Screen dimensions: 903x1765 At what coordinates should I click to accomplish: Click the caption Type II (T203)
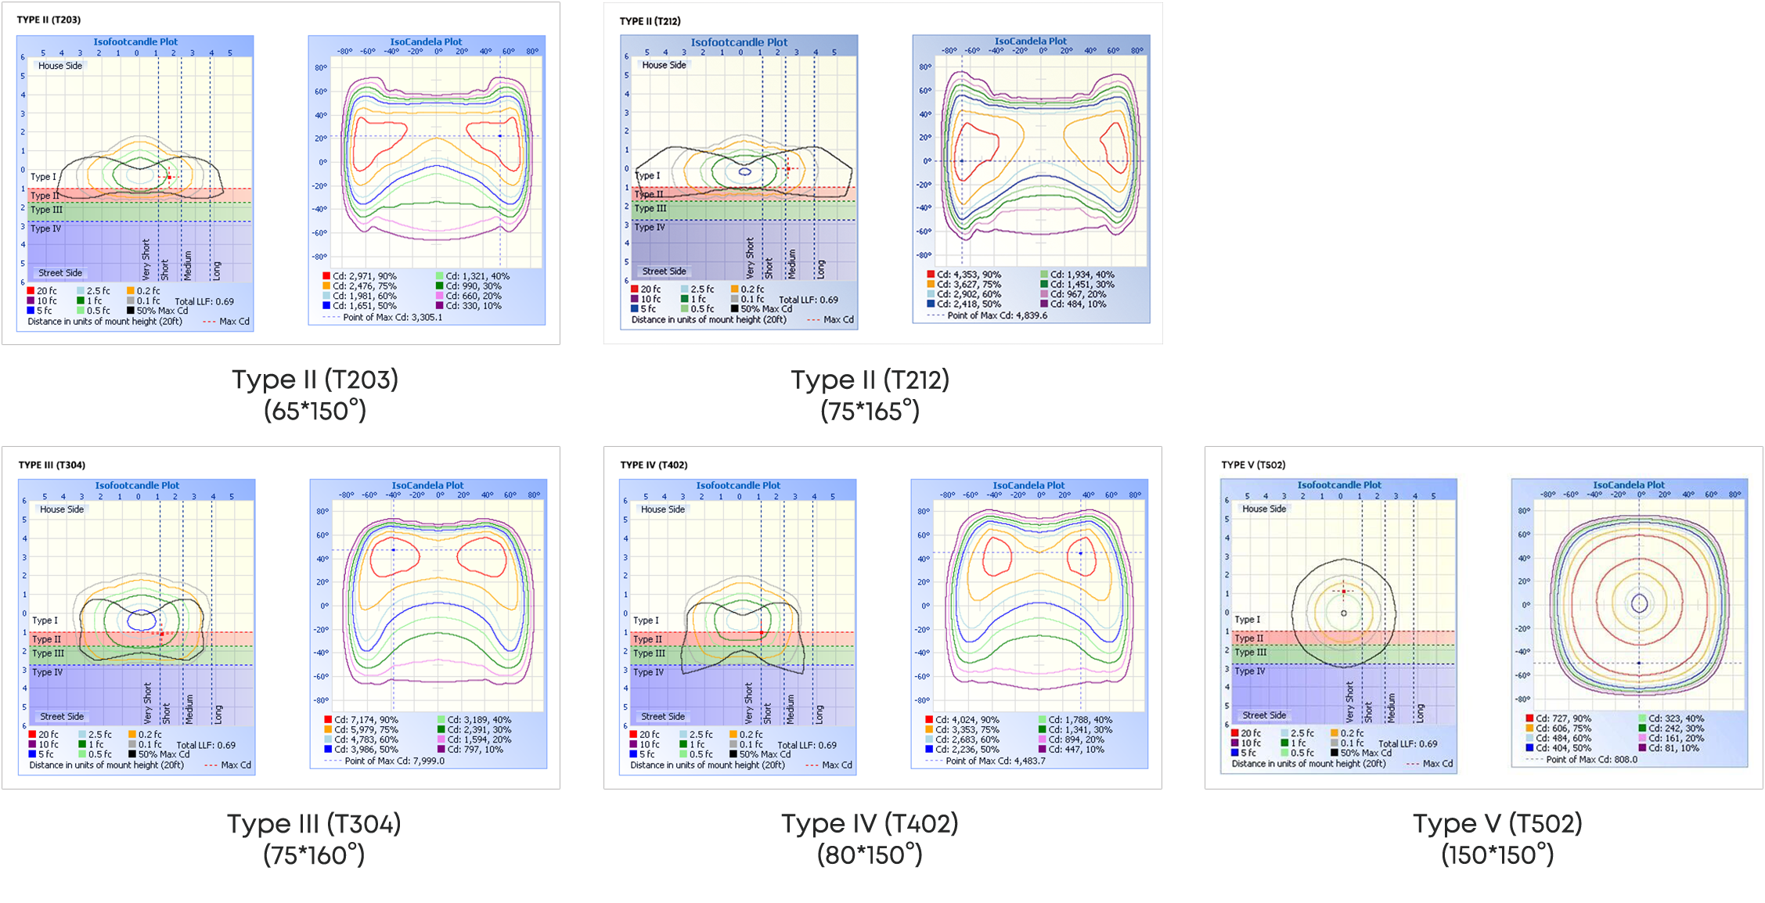315,380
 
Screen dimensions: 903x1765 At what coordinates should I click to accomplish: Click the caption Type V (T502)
1497,824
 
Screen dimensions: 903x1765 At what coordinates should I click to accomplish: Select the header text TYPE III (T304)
52,465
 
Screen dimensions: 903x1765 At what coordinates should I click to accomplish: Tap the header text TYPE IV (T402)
654,465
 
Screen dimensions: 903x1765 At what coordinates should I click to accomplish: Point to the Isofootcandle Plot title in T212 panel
738,42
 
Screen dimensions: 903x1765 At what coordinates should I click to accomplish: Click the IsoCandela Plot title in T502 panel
1628,485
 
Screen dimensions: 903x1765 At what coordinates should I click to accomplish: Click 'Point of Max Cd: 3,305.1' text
392,317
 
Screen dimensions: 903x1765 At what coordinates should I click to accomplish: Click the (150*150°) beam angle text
1497,855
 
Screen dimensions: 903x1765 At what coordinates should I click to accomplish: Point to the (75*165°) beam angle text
870,412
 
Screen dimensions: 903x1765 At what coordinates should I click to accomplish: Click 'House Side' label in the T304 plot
62,509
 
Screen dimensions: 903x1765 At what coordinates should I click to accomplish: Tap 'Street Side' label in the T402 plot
663,717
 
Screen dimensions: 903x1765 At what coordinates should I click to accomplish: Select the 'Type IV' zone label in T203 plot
45,228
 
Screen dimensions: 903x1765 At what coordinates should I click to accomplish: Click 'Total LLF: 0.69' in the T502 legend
1407,744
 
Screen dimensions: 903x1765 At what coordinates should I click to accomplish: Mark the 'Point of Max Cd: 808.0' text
1591,759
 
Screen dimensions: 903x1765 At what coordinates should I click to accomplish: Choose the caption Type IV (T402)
869,824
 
